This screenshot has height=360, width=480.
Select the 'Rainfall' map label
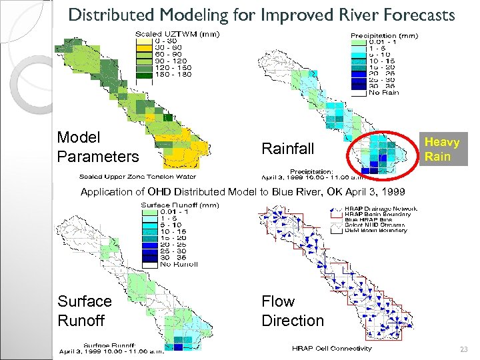(288, 148)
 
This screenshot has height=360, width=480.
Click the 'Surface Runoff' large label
(85, 311)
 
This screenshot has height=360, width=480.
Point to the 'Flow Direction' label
(292, 311)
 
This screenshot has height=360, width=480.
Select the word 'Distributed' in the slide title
(110, 15)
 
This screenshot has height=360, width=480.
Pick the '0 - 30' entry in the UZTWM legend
(166, 41)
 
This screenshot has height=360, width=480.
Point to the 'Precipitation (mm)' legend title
(385, 35)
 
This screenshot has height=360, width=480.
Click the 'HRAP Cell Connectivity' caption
(331, 348)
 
